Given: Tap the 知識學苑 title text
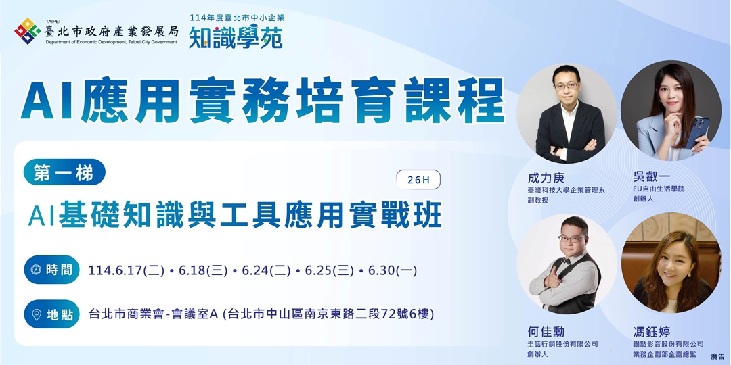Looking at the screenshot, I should pyautogui.click(x=236, y=36).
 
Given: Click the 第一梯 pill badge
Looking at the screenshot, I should pyautogui.click(x=64, y=173).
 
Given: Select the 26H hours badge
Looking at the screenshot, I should pyautogui.click(x=419, y=180).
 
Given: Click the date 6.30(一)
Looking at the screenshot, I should pyautogui.click(x=393, y=271).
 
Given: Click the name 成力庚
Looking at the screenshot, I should pyautogui.click(x=546, y=178).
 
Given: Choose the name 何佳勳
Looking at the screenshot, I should pyautogui.click(x=546, y=332).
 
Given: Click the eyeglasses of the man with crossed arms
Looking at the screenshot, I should pyautogui.click(x=566, y=86).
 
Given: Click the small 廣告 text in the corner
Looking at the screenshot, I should pyautogui.click(x=717, y=356).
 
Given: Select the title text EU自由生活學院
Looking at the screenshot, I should pyautogui.click(x=659, y=189).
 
